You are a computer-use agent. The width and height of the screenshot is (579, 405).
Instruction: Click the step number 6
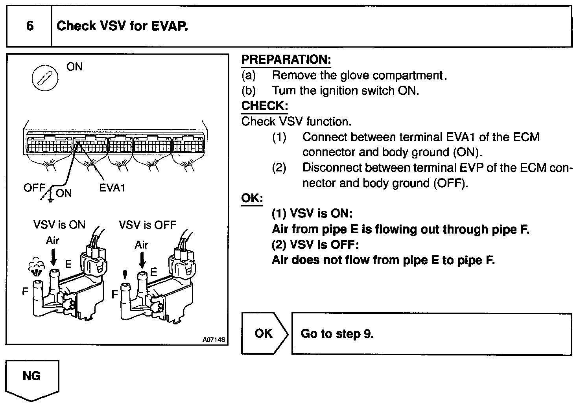(30, 26)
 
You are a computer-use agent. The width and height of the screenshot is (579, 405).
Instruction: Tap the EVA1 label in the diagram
(112, 188)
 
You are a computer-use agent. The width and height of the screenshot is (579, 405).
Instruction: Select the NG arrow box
(32, 379)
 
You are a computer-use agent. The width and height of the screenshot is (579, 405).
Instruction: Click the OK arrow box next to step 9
(264, 333)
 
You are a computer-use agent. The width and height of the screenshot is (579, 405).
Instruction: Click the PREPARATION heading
(286, 60)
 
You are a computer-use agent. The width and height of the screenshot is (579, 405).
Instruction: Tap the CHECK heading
(264, 106)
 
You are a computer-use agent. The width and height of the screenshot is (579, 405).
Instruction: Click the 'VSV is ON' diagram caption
(59, 225)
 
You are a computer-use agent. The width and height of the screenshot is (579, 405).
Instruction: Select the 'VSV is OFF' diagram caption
(148, 225)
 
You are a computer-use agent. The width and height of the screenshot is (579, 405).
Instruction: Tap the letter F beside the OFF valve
(114, 294)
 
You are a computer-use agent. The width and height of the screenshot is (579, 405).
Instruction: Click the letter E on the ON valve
(68, 264)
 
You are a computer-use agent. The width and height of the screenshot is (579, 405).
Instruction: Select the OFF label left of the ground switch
(34, 188)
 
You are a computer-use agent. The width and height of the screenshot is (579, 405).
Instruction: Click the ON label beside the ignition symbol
(75, 67)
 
